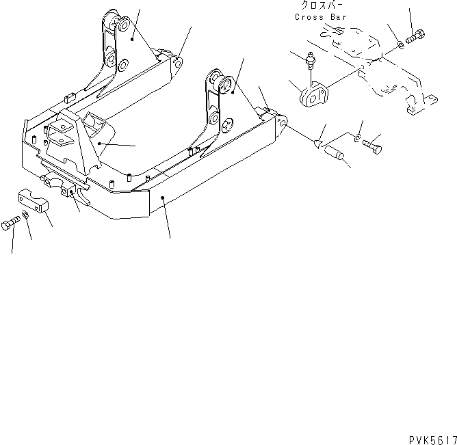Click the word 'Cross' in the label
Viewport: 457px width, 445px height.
[x=310, y=17]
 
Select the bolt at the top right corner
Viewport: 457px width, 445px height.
[x=416, y=37]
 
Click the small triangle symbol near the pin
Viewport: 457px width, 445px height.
[x=317, y=144]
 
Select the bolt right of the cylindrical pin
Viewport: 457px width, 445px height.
[x=371, y=146]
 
